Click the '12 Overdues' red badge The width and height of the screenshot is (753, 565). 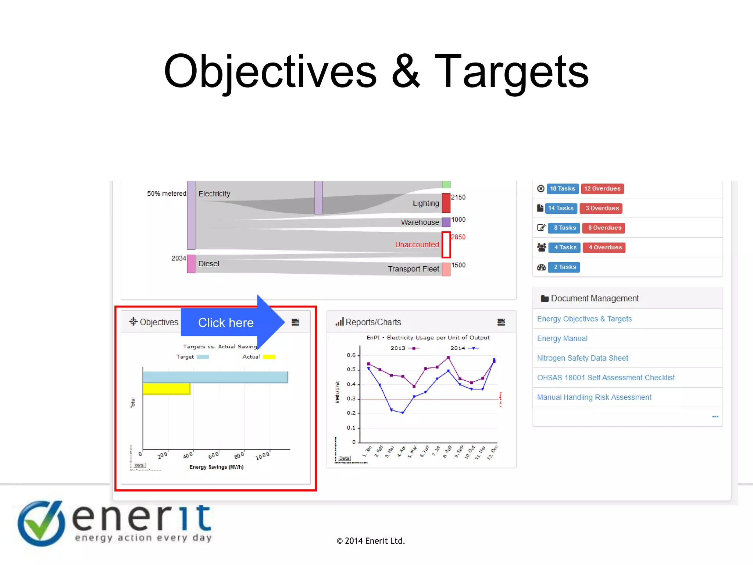pos(602,189)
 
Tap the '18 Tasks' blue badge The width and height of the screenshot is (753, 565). pos(562,189)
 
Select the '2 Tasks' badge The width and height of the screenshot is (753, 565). pos(564,267)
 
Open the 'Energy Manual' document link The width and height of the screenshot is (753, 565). pos(562,338)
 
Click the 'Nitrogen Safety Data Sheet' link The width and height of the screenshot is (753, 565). pos(582,358)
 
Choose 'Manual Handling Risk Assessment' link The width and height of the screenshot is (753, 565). pos(594,397)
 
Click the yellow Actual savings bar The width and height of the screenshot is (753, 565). pos(167,389)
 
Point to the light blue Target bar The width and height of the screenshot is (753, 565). pos(215,377)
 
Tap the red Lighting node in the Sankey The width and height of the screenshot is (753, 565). pos(446,203)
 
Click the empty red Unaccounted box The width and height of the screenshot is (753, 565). pos(446,245)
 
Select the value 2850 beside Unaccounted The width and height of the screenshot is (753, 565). pos(458,237)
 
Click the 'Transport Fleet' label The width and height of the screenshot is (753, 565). pos(413,269)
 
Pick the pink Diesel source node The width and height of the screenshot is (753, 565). pos(191,264)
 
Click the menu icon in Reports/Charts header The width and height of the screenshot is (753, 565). pos(501,322)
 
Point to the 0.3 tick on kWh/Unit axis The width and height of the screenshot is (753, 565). pos(351,399)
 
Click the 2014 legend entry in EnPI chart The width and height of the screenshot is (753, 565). pos(464,348)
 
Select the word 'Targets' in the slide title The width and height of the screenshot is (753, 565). pos(511,72)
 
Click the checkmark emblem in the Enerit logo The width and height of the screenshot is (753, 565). pos(42,523)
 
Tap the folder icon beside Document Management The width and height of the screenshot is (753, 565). pos(545,298)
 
